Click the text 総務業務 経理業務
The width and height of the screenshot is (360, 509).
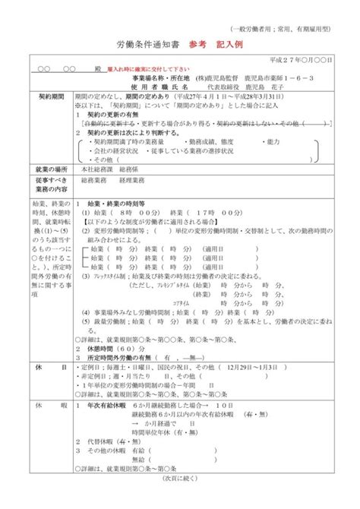(x=109, y=182)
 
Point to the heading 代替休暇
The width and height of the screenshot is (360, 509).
(x=103, y=440)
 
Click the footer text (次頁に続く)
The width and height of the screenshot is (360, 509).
(x=180, y=501)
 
